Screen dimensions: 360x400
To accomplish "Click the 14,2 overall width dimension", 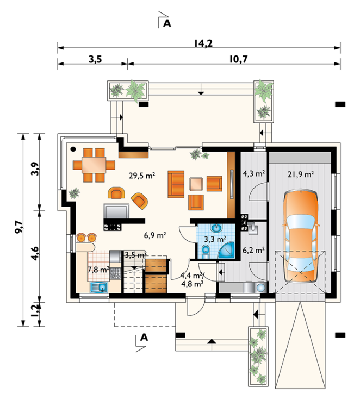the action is click(203, 43).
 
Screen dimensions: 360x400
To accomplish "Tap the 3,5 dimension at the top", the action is click(95, 59).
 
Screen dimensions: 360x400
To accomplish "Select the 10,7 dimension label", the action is click(239, 59).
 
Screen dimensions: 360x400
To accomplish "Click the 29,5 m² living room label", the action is click(142, 176).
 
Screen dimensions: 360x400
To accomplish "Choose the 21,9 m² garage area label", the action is click(301, 174).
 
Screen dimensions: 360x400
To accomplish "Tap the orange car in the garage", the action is click(301, 236).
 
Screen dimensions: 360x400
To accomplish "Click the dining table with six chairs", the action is click(94, 165).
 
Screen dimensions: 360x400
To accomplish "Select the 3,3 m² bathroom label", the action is click(215, 239).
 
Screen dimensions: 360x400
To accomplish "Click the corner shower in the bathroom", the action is click(227, 250).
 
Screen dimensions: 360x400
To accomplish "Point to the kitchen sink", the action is click(99, 287).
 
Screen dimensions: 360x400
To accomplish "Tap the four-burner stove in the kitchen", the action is click(115, 273).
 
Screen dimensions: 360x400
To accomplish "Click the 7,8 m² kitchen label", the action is click(98, 270).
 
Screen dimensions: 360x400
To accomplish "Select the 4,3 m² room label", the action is click(253, 174).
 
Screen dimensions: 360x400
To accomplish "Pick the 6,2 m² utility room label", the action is click(253, 250).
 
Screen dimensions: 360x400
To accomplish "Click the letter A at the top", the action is click(167, 23).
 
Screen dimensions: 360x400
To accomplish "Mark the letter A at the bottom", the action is click(144, 337).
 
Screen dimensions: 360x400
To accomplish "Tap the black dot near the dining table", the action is click(73, 149).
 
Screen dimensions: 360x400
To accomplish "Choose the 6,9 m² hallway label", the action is click(155, 235).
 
